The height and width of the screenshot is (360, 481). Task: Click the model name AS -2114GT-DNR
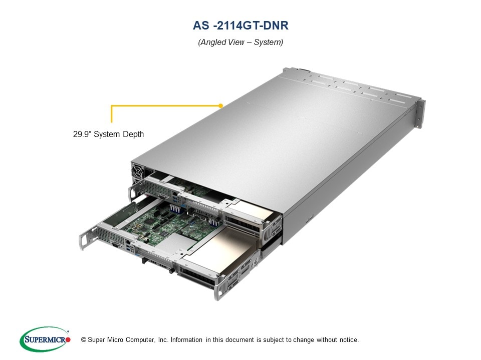[x=241, y=25]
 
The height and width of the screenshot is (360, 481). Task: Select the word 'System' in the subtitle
[x=268, y=42]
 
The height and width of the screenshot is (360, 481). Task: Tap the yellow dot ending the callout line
[x=220, y=105]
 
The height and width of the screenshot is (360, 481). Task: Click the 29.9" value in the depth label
[x=82, y=134]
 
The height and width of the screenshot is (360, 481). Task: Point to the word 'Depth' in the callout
[x=133, y=134]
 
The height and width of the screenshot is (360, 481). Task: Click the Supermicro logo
[x=45, y=339]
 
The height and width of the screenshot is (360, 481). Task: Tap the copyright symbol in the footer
[x=84, y=340]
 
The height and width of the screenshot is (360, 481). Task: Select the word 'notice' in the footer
[x=348, y=340]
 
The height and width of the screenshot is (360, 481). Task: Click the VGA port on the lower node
[x=116, y=244]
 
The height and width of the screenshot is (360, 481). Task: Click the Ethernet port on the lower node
[x=128, y=242]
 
